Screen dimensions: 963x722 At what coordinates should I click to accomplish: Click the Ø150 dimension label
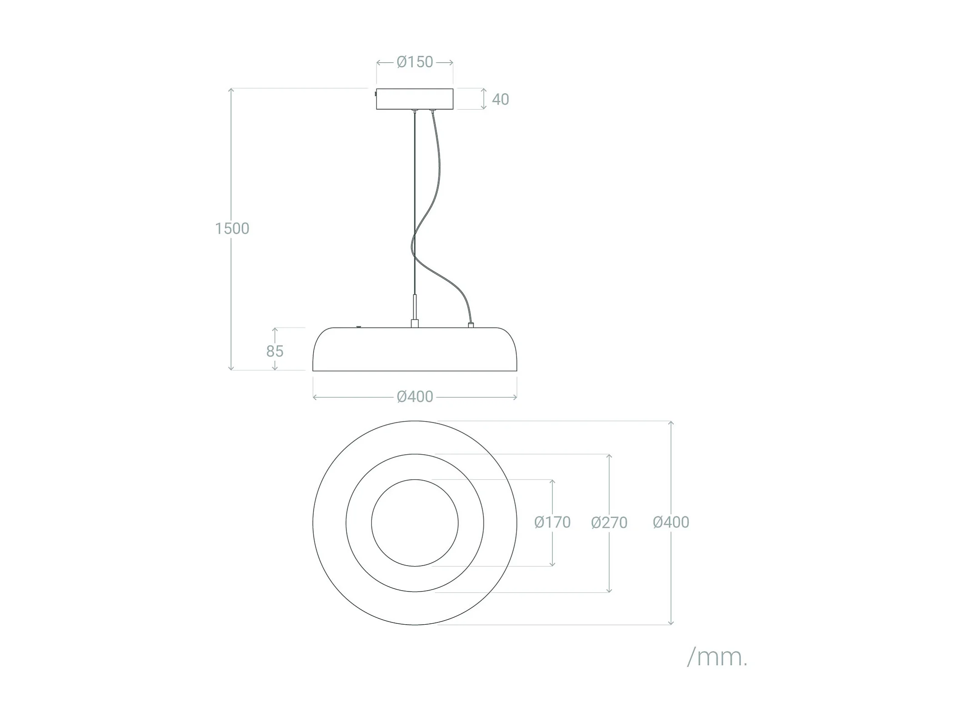415,62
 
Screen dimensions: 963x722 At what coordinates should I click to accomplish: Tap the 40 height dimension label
500,99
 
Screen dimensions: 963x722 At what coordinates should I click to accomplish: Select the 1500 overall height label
232,228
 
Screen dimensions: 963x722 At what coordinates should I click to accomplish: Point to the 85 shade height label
275,351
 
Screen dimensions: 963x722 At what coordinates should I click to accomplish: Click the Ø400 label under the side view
415,397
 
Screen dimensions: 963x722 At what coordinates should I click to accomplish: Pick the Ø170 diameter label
552,522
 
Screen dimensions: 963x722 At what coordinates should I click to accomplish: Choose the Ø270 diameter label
609,522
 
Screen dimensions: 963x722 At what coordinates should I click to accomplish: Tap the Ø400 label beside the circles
671,522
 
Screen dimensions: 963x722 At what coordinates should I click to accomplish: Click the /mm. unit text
717,657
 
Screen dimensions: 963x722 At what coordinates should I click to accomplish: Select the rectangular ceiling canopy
415,99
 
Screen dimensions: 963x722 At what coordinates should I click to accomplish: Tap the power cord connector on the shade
471,325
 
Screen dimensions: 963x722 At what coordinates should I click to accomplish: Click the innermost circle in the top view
415,523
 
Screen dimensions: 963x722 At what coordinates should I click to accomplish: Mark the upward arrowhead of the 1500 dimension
231,90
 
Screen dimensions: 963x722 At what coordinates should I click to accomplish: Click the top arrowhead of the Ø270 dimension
609,456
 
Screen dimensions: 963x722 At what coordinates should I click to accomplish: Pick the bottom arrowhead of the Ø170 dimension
552,564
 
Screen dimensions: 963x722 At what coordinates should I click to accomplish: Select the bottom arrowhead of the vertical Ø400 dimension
671,623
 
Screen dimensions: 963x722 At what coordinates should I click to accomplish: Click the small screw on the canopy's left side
375,94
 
